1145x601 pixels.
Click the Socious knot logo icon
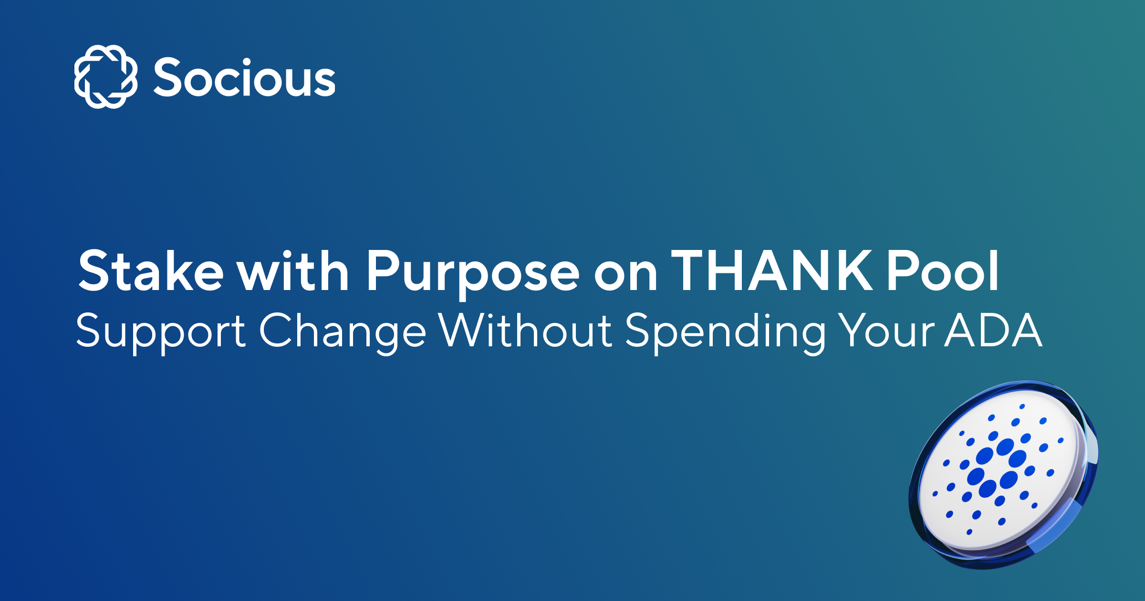(106, 77)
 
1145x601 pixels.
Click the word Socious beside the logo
(244, 78)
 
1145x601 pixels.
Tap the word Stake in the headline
(151, 271)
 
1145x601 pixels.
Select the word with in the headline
(293, 271)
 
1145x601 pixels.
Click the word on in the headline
(625, 274)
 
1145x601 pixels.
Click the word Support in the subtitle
(161, 332)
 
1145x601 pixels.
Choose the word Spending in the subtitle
(725, 332)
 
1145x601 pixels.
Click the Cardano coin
(1002, 475)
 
